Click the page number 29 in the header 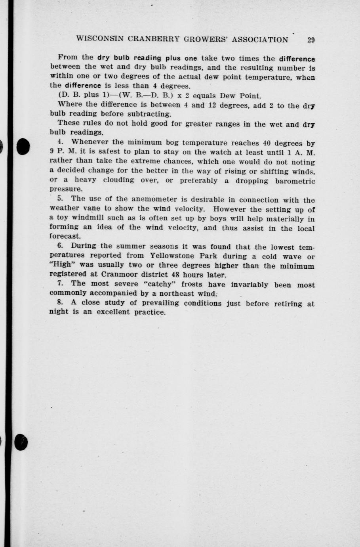tap(310, 40)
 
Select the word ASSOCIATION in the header tap(260, 40)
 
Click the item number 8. tap(60, 302)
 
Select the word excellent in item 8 tap(111, 312)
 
